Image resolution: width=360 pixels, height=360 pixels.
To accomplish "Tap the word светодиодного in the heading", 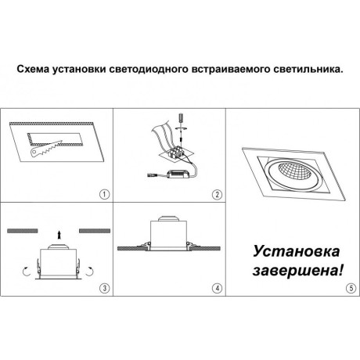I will pos(153,69).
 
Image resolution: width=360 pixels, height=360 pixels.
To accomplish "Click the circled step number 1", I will pos(105,193).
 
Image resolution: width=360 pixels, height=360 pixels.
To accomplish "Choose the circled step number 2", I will pos(217,193).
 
